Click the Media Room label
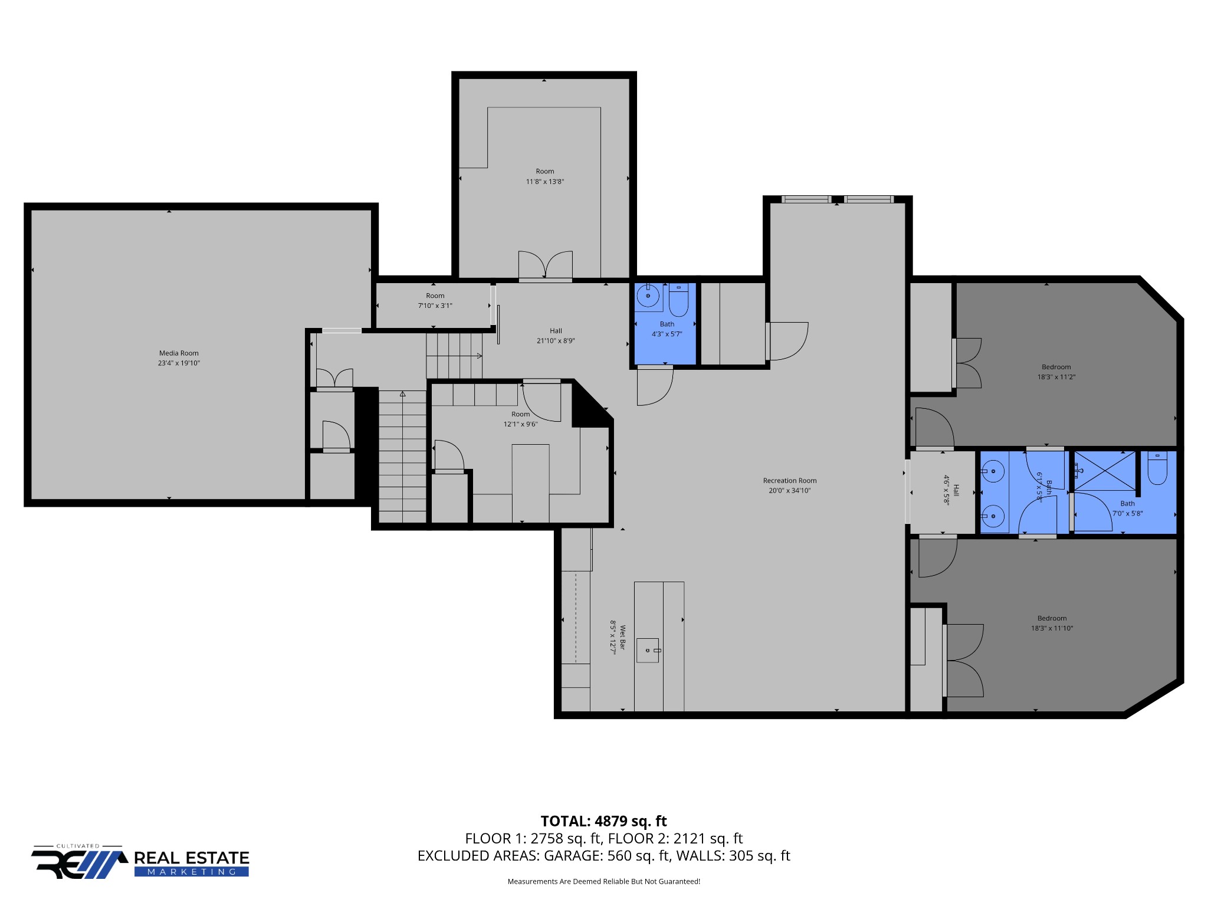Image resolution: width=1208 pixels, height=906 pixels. click(x=179, y=353)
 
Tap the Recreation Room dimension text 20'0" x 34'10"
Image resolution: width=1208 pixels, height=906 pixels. click(x=789, y=491)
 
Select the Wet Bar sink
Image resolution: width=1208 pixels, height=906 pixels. click(x=648, y=650)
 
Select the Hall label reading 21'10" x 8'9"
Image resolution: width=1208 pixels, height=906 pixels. click(x=556, y=336)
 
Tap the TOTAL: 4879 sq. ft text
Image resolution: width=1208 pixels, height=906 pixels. click(x=603, y=821)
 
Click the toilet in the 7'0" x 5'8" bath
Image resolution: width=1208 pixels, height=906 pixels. click(x=1157, y=469)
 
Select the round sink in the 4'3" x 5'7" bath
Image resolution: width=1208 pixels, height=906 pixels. click(x=648, y=296)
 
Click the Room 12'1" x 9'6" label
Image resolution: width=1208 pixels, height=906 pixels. click(x=520, y=419)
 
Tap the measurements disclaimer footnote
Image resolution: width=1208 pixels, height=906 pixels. click(x=603, y=882)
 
